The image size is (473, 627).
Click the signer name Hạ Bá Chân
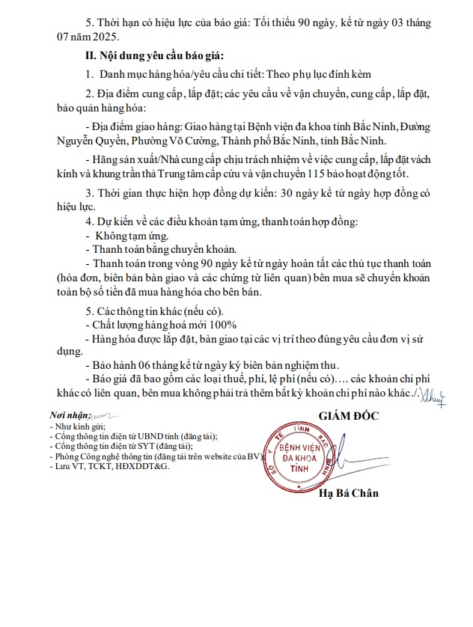349,492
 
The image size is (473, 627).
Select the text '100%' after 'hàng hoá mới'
223,324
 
